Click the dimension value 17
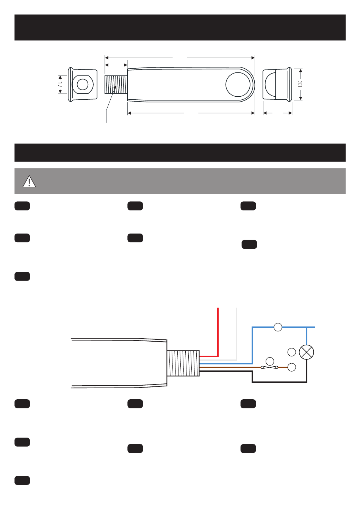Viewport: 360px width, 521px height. (60, 84)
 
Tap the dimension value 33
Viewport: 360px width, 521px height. (300, 84)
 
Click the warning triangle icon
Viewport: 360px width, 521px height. (29, 182)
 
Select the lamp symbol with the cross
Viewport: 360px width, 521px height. (307, 352)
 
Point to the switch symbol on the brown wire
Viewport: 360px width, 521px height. (269, 367)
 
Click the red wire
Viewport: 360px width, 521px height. (218, 334)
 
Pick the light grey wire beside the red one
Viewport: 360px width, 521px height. (236, 334)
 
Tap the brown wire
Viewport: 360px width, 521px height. (227, 367)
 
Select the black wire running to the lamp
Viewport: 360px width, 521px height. (280, 382)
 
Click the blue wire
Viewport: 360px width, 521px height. (253, 345)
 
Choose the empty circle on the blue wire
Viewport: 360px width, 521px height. (278, 327)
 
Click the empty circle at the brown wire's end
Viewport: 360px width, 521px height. (292, 367)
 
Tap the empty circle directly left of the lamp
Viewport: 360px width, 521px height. (292, 352)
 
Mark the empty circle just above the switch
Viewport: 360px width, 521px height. (270, 361)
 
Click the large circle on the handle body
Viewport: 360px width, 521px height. (238, 84)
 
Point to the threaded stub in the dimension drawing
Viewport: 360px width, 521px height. (116, 84)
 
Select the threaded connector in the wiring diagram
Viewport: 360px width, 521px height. (183, 363)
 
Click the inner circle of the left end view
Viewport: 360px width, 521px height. (83, 84)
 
